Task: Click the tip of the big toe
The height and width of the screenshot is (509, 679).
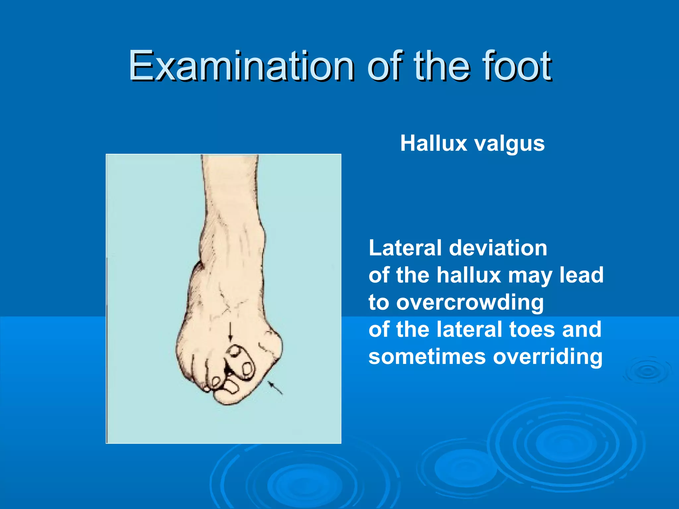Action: point(229,398)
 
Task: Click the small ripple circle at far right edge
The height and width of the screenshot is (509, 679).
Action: point(647,371)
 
